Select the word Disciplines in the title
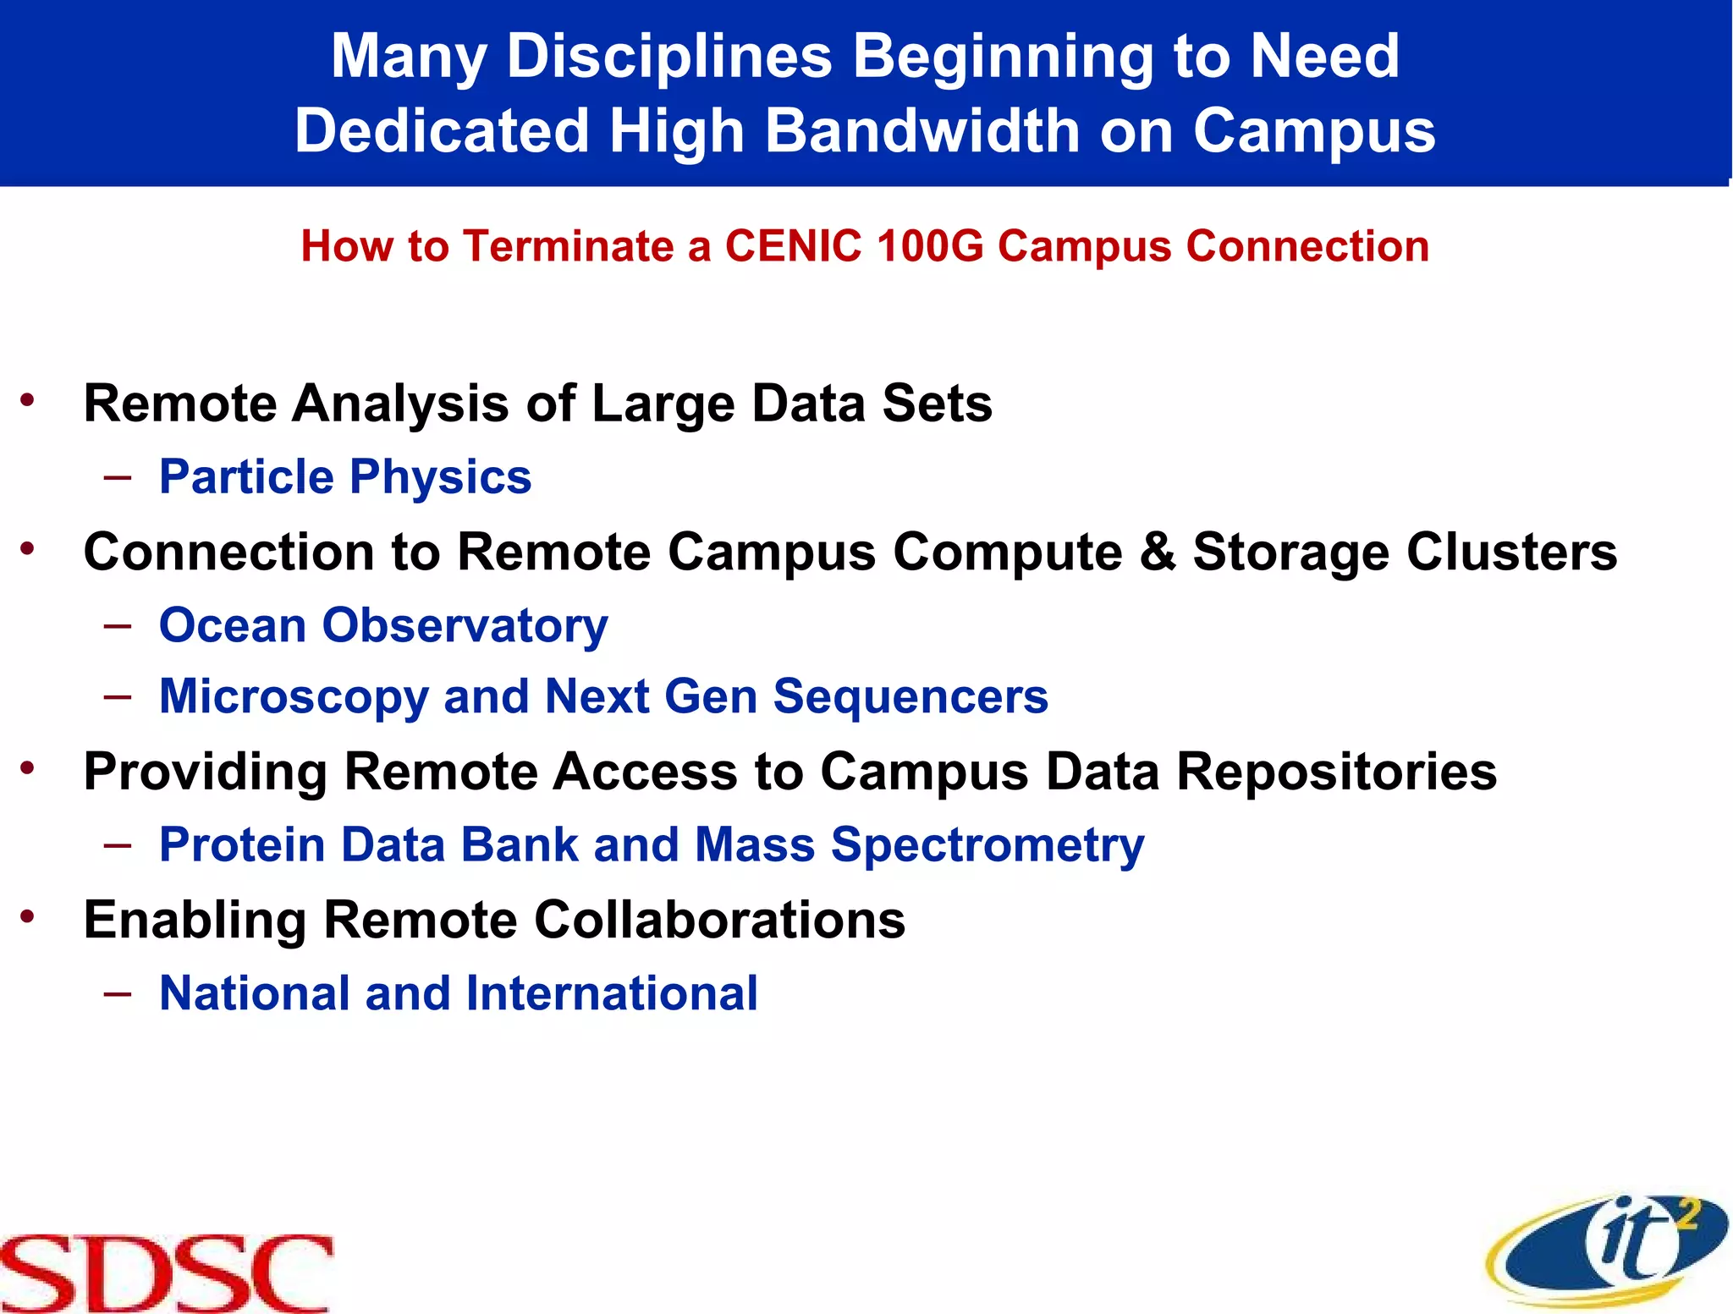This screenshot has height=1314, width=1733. pos(669,57)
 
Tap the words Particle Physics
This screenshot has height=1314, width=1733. pos(345,477)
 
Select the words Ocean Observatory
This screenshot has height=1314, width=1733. pos(383,626)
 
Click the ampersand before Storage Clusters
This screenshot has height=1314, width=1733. pos(1157,552)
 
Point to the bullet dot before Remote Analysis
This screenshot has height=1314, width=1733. pos(29,400)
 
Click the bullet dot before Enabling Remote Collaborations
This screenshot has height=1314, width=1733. pos(29,916)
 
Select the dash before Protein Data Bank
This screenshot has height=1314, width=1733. pos(118,844)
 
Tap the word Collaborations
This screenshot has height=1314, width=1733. pos(719,920)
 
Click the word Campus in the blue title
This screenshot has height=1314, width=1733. pos(1313,131)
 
